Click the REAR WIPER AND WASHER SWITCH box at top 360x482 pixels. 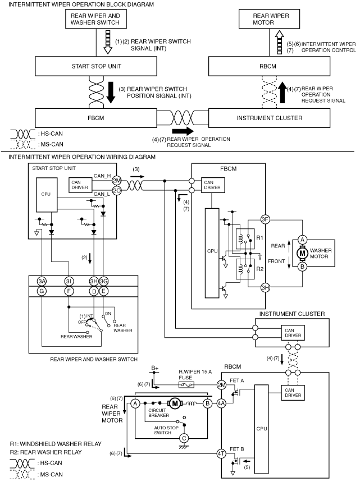[x=95, y=19]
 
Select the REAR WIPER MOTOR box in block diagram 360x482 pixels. [x=269, y=19]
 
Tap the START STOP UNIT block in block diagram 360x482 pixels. [x=96, y=66]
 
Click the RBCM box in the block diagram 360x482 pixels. [x=269, y=66]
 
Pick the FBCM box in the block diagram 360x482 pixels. [x=96, y=118]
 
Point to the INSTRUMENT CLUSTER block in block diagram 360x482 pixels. [x=269, y=118]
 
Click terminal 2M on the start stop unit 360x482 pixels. [x=117, y=181]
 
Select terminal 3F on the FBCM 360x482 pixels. [x=265, y=219]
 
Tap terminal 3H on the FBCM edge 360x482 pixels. [x=265, y=288]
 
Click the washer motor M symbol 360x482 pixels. [x=302, y=253]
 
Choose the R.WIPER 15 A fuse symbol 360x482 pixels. [x=186, y=384]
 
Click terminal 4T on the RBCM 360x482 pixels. [x=221, y=453]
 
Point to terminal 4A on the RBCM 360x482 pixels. [x=221, y=403]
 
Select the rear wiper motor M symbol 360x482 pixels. [x=175, y=403]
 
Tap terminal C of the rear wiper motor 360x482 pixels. [x=184, y=438]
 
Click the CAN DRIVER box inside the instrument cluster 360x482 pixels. [x=293, y=333]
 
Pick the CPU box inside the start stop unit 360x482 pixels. [x=47, y=195]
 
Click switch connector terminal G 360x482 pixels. [x=42, y=291]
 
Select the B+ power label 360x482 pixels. [x=155, y=368]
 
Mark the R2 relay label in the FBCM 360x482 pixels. [x=260, y=269]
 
